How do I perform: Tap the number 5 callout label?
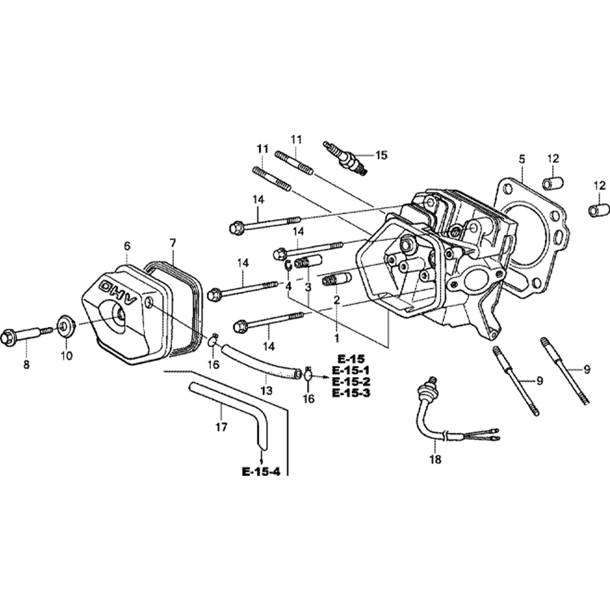pos(522,159)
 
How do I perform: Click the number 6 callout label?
pos(127,246)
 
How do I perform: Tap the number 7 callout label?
pos(173,243)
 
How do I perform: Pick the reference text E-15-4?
pos(260,472)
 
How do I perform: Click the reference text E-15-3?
pos(351,393)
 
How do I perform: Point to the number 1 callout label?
pos(335,336)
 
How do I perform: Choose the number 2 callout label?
pos(335,300)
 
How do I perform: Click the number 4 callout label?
pos(289,285)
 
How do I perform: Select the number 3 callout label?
pos(308,286)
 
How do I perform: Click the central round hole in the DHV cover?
pos(117,315)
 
